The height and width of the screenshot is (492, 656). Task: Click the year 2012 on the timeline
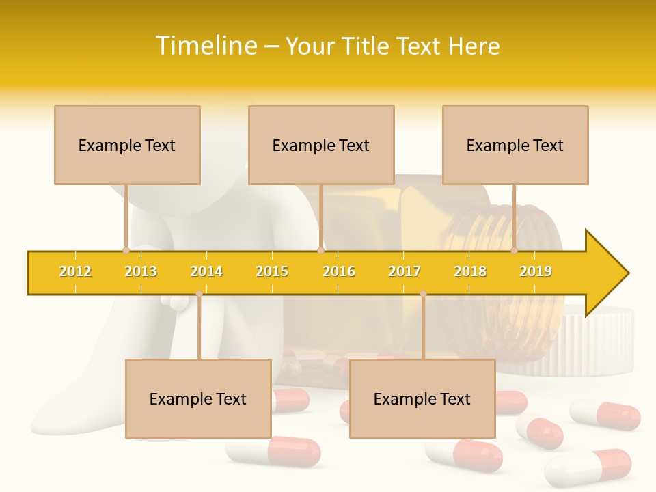click(75, 271)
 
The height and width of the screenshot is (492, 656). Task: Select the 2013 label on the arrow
click(141, 271)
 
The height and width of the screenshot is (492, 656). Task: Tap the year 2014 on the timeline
click(206, 271)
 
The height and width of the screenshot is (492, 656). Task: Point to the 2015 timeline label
click(272, 271)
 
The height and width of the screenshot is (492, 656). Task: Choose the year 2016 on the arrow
click(339, 271)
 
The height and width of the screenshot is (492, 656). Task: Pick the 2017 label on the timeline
click(405, 271)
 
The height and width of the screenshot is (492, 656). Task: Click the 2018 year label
click(470, 271)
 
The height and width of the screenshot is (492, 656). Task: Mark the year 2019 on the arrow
click(536, 271)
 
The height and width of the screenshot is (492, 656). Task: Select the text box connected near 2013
click(127, 145)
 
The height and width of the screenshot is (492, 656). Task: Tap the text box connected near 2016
click(321, 145)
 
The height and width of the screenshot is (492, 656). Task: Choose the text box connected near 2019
click(515, 145)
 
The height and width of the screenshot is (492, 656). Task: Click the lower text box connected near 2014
click(198, 398)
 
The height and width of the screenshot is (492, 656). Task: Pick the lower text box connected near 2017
click(422, 398)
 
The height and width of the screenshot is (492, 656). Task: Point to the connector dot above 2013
click(126, 250)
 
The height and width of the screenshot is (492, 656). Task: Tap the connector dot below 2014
click(199, 294)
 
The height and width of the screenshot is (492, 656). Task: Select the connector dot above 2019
click(514, 250)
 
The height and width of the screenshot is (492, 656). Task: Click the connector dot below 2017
click(423, 294)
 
